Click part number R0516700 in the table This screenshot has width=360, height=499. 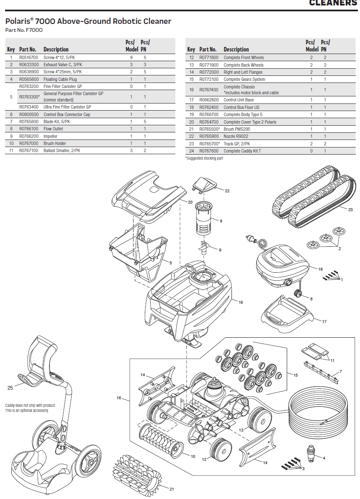pyautogui.click(x=28, y=57)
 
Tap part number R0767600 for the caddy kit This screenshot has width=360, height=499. pyautogui.click(x=208, y=151)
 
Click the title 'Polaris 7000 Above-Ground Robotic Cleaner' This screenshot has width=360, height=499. pyautogui.click(x=88, y=21)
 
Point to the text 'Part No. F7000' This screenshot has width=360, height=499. pyautogui.click(x=24, y=30)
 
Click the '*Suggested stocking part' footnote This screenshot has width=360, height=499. pyautogui.click(x=204, y=158)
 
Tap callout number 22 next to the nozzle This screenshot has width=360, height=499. pyautogui.click(x=227, y=191)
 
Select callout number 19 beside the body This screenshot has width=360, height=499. pyautogui.click(x=241, y=302)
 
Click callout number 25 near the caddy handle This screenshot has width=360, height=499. pyautogui.click(x=10, y=388)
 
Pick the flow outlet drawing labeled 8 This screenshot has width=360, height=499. pyautogui.click(x=204, y=218)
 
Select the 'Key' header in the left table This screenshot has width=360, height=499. pyautogui.click(x=11, y=49)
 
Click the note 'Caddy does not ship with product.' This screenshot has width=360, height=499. pyautogui.click(x=30, y=405)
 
